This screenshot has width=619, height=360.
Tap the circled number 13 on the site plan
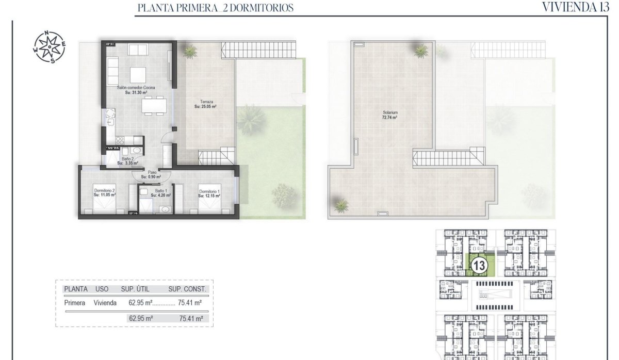pos(479,266)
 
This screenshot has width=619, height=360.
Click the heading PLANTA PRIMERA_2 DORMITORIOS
pos(216,8)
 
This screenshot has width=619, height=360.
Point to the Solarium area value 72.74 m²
pos(390,118)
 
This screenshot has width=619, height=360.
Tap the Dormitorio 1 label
pos(209,191)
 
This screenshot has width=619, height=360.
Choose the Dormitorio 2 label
pos(104,191)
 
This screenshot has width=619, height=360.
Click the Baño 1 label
pos(160,191)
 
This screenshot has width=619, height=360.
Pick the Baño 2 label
pos(128,158)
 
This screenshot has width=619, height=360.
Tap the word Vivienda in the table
pos(105,303)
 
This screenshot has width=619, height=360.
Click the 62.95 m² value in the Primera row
pos(141,303)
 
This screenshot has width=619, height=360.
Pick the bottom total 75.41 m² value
pos(190,319)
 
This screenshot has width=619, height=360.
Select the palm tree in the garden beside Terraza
pos(252,119)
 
